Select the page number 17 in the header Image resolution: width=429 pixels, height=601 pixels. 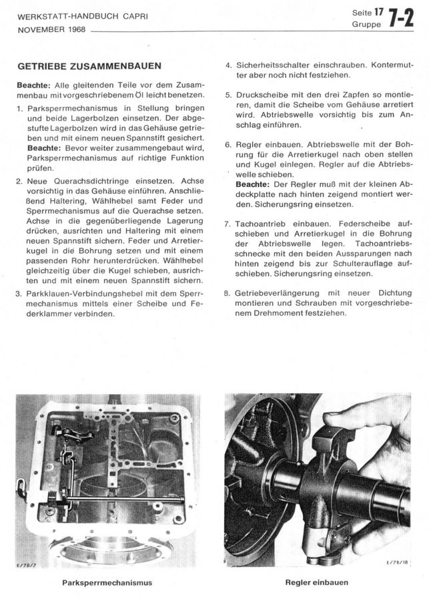[379, 13]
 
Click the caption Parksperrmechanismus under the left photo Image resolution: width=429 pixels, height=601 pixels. [107, 583]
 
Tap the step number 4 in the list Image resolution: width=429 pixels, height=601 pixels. [228, 65]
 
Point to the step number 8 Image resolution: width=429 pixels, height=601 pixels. [228, 293]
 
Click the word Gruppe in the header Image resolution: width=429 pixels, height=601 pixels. [365, 25]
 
